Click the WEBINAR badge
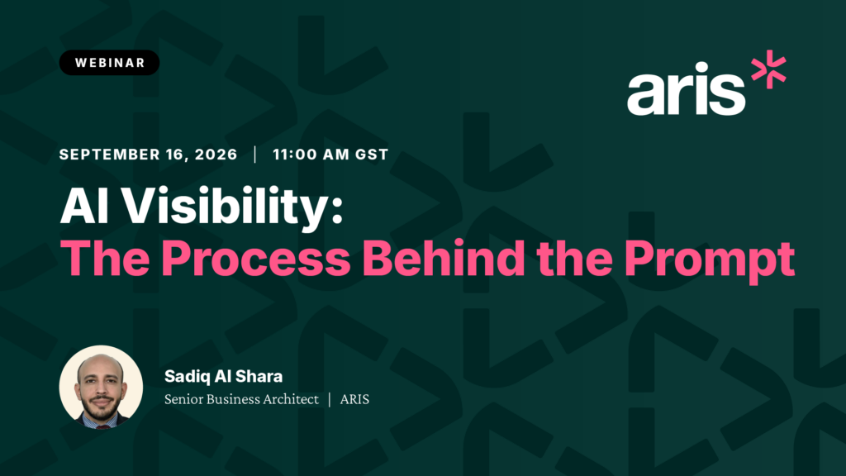pyautogui.click(x=109, y=63)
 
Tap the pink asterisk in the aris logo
pyautogui.click(x=769, y=69)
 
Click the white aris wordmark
pyautogui.click(x=686, y=88)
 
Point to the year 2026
pyautogui.click(x=216, y=155)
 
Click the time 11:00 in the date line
pyautogui.click(x=295, y=155)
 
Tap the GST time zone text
pyautogui.click(x=372, y=155)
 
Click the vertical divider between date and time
pyautogui.click(x=255, y=155)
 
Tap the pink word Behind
pyautogui.click(x=444, y=258)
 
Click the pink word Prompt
pyautogui.click(x=710, y=261)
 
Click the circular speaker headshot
pyautogui.click(x=101, y=387)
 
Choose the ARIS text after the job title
pyautogui.click(x=354, y=399)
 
